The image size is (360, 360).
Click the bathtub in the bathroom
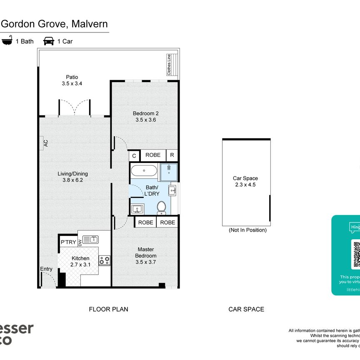click(144, 170)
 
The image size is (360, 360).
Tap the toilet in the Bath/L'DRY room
click(162, 207)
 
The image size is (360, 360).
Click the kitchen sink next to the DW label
click(90, 239)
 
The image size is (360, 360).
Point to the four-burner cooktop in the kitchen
click(104, 260)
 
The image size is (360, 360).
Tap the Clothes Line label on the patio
click(169, 65)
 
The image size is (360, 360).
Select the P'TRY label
click(67, 242)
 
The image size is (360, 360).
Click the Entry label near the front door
click(46, 269)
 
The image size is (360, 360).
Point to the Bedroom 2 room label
click(145, 113)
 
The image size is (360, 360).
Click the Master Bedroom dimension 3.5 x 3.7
click(145, 262)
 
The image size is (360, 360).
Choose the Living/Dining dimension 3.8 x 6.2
click(72, 180)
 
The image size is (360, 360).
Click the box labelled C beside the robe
click(134, 155)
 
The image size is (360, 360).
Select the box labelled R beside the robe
click(172, 155)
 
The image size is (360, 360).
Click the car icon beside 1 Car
click(49, 41)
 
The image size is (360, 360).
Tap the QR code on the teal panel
click(356, 254)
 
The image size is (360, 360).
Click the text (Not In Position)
click(247, 230)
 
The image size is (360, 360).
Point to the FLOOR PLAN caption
click(108, 309)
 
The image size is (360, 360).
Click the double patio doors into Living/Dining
click(75, 107)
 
